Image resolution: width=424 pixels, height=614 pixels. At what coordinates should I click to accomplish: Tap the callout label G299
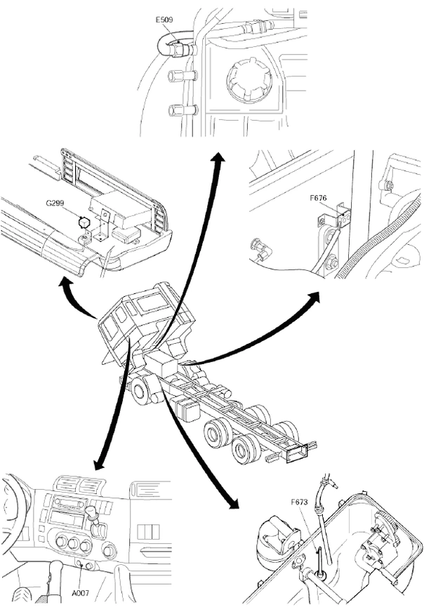(x=57, y=203)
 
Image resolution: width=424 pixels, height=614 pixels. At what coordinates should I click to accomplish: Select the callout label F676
(x=319, y=199)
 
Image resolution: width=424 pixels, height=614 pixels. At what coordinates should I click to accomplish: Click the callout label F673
(x=301, y=502)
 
